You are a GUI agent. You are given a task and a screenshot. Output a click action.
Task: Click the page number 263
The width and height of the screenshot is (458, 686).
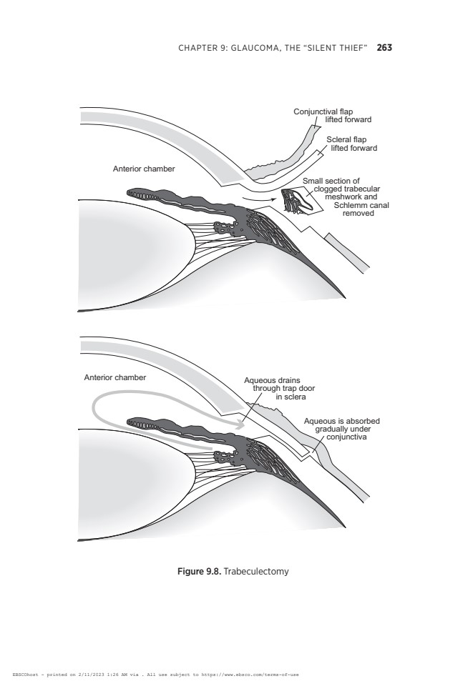click(x=384, y=48)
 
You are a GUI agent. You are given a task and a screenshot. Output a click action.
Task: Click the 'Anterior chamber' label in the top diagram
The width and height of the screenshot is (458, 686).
click(x=144, y=169)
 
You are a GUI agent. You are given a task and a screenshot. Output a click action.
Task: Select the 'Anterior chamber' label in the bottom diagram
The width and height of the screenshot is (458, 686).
click(x=114, y=377)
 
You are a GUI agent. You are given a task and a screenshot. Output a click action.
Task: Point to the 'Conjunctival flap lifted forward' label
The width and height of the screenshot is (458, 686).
click(x=332, y=116)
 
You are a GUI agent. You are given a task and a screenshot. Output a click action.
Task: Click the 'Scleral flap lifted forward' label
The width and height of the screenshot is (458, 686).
click(x=351, y=144)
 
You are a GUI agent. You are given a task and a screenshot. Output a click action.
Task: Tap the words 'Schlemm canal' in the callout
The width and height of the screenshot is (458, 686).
click(x=361, y=205)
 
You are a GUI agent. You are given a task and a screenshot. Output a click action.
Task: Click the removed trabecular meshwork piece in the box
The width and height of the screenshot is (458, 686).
click(x=297, y=201)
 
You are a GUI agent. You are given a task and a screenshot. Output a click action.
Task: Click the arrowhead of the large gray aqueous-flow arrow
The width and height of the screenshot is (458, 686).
click(x=240, y=424)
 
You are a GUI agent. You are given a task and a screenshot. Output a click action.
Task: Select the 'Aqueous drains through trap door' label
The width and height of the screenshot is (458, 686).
click(x=279, y=389)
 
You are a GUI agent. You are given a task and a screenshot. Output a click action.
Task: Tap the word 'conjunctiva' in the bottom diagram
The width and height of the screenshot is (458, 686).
click(x=346, y=437)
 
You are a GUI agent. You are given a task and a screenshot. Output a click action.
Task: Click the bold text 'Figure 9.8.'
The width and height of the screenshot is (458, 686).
click(x=200, y=572)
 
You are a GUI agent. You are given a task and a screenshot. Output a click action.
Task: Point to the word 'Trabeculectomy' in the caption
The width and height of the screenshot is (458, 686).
click(x=256, y=572)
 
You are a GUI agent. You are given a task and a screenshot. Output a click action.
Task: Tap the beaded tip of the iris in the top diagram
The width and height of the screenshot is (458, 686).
click(x=141, y=195)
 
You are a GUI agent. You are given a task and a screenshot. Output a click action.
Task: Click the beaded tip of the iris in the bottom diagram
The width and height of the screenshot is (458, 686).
click(x=141, y=424)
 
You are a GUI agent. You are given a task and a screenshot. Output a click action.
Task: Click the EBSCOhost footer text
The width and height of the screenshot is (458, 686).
click(x=155, y=675)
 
